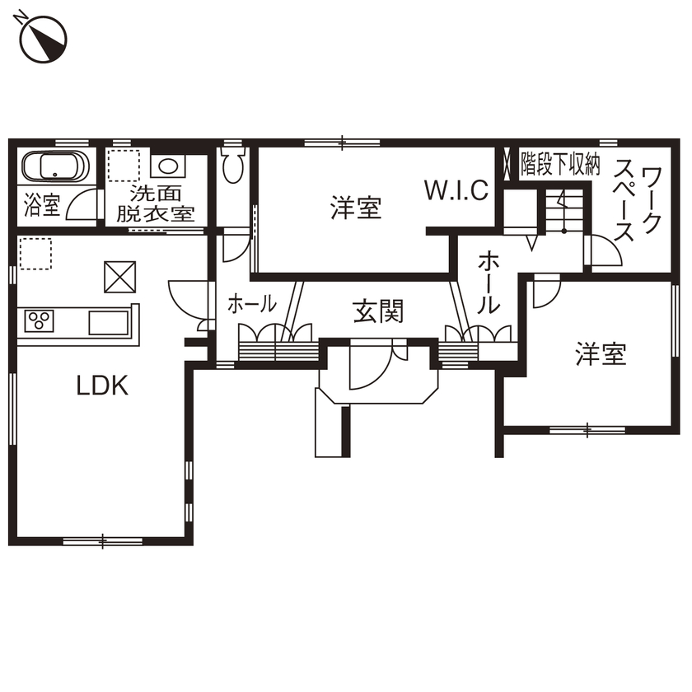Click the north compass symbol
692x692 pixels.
pos(44,39)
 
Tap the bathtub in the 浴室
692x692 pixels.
pos(54,168)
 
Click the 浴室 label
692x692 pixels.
pos(42,205)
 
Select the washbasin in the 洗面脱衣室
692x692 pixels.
pos(169,166)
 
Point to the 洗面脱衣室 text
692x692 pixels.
pos(155,204)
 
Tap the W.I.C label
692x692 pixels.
pos(456,190)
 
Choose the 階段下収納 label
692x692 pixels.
pos(559,165)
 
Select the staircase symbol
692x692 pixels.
pos(563,213)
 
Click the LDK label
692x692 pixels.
pos(102,386)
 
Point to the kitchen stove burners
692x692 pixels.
pos(38,320)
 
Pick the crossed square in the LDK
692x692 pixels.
pos(120,277)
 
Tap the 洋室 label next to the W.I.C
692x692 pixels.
pos(356,208)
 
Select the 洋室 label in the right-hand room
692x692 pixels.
pos(601,355)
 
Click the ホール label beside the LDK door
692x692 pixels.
pos(251,304)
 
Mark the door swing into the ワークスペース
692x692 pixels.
pos(603,252)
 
